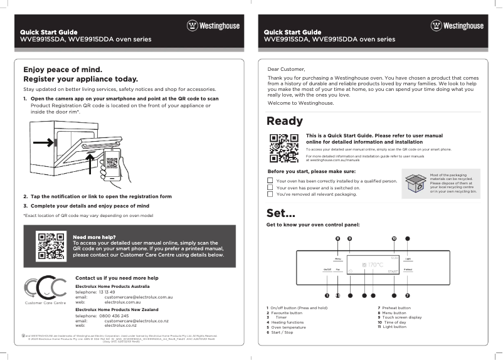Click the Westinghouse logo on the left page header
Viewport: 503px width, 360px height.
click(x=213, y=26)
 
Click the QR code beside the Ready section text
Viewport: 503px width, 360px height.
click(x=282, y=147)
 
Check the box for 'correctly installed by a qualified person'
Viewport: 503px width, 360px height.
click(x=270, y=181)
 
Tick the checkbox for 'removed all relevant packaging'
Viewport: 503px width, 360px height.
click(x=270, y=194)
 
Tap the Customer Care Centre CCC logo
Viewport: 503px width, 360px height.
click(x=45, y=288)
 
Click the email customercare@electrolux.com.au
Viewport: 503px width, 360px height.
click(x=138, y=297)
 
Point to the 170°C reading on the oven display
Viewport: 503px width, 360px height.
click(x=375, y=265)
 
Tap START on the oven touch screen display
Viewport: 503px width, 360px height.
click(x=393, y=272)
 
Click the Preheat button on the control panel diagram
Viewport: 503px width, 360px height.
click(x=408, y=270)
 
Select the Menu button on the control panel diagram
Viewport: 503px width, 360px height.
click(x=337, y=258)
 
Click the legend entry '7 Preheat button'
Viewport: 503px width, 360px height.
click(x=394, y=308)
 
